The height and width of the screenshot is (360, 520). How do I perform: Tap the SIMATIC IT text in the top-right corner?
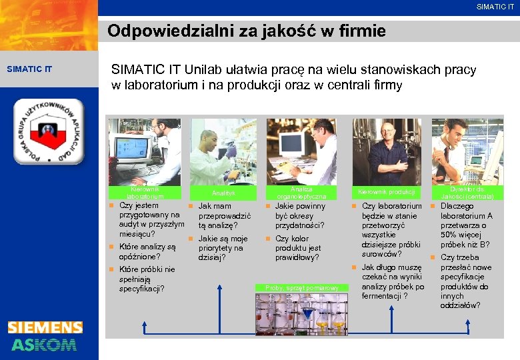(x=495, y=7)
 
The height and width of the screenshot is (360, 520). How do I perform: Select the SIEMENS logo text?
(x=45, y=327)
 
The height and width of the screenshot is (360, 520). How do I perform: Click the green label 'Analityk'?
(x=224, y=193)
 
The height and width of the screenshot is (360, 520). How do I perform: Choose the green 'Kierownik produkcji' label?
(x=387, y=193)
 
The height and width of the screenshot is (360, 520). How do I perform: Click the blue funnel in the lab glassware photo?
(x=307, y=313)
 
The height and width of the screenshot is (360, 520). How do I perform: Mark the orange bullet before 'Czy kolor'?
(x=268, y=239)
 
